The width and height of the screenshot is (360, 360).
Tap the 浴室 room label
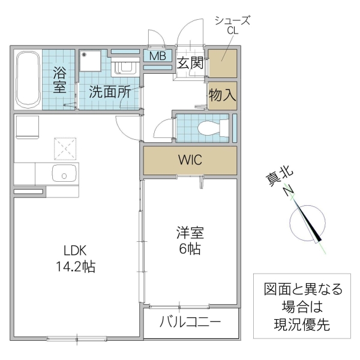(x=59, y=80)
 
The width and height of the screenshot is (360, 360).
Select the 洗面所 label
(x=110, y=92)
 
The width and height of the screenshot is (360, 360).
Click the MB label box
(x=158, y=56)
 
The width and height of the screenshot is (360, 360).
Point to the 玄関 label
(x=190, y=62)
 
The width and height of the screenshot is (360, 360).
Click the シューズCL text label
(x=232, y=26)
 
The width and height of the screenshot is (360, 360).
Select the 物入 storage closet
(x=222, y=94)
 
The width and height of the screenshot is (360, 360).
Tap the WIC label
(x=190, y=160)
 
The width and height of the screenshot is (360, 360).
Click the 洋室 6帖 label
(x=188, y=241)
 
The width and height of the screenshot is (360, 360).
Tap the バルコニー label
(x=190, y=322)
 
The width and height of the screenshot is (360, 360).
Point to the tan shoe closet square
(x=222, y=62)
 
